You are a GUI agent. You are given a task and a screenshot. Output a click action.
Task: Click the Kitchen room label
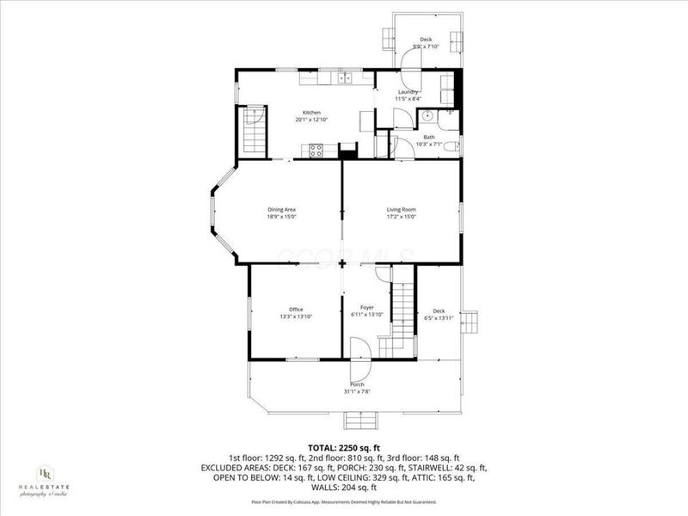point(311,113)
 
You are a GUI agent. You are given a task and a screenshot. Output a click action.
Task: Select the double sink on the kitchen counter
point(345,79)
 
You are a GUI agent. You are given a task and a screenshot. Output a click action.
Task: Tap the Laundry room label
point(408,92)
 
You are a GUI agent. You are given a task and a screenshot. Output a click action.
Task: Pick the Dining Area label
point(282,209)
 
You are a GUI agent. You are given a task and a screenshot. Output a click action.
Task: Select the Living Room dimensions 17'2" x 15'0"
point(401,217)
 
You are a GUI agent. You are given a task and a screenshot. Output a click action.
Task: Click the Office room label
point(296,309)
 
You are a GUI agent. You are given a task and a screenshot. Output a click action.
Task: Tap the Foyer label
point(366,309)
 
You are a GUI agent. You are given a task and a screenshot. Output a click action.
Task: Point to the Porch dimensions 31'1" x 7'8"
point(356,391)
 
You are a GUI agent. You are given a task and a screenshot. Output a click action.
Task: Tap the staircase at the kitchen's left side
point(253,130)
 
